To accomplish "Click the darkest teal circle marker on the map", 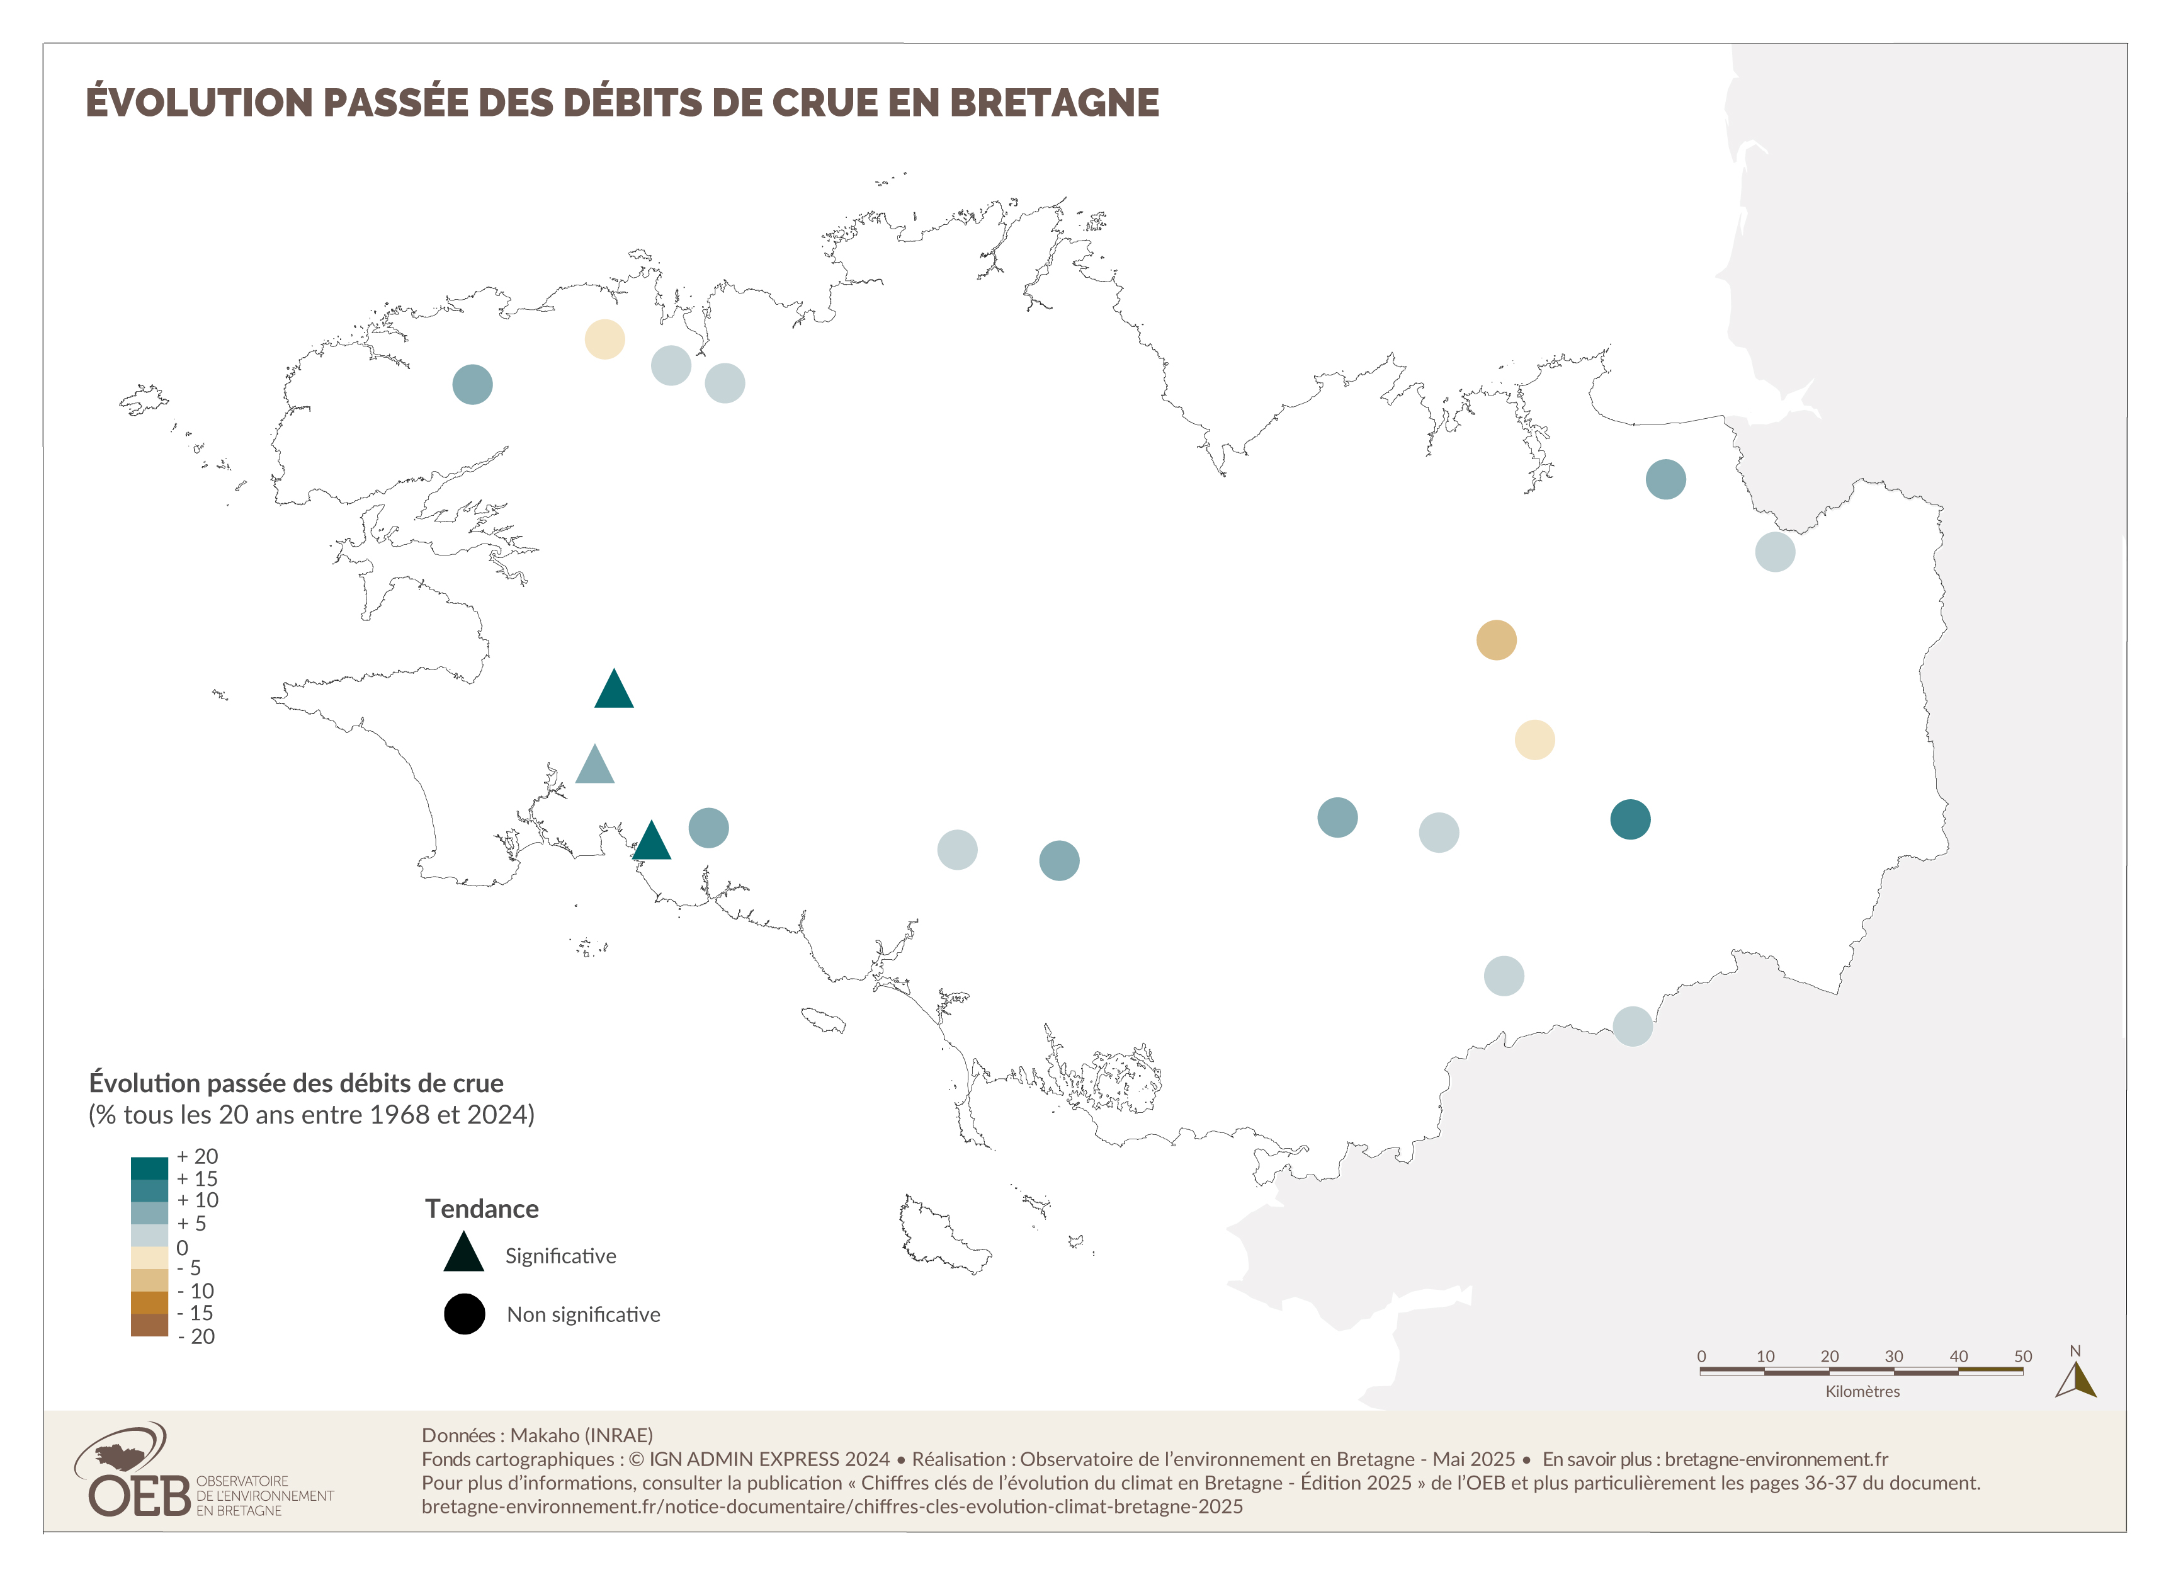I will click(1630, 819).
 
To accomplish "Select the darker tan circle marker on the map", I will click(1496, 640).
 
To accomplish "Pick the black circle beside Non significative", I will click(464, 1314).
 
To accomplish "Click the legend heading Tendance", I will click(482, 1209).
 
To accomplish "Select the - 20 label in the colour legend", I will click(196, 1336).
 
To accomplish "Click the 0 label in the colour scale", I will click(182, 1248).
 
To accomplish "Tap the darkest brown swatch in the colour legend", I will click(149, 1325).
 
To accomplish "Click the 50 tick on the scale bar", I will click(2022, 1356).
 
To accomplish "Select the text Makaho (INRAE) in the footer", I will click(581, 1435).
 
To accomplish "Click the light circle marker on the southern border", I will click(1632, 1027).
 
